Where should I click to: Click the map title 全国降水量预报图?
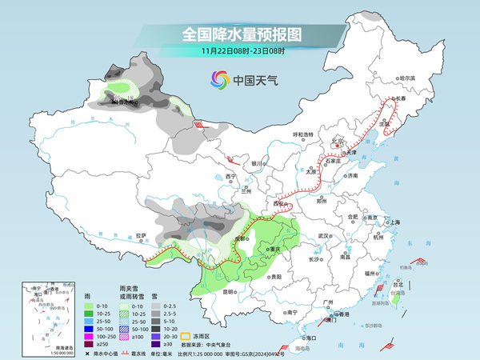pyautogui.click(x=240, y=34)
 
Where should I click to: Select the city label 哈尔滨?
pyautogui.click(x=408, y=78)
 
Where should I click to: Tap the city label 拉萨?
pyautogui.click(x=141, y=235)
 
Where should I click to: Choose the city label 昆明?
pyautogui.click(x=230, y=291)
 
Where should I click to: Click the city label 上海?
pyautogui.click(x=394, y=222)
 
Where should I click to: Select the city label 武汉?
pyautogui.click(x=323, y=236)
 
